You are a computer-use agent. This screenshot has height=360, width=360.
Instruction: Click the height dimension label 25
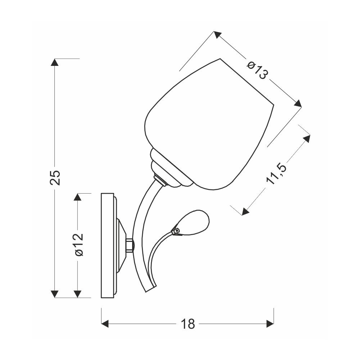55,177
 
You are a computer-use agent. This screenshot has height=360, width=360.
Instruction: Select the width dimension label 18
188,324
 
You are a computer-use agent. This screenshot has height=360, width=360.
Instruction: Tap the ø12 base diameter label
78,244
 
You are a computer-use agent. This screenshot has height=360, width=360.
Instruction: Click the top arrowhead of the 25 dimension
55,62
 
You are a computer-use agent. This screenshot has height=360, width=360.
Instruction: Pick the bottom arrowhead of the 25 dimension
55,294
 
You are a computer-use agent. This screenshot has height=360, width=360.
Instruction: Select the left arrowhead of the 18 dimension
105,324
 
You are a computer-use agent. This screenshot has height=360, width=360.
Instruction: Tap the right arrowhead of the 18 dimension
270,324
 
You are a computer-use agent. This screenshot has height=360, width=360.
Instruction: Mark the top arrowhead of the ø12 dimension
78,197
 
